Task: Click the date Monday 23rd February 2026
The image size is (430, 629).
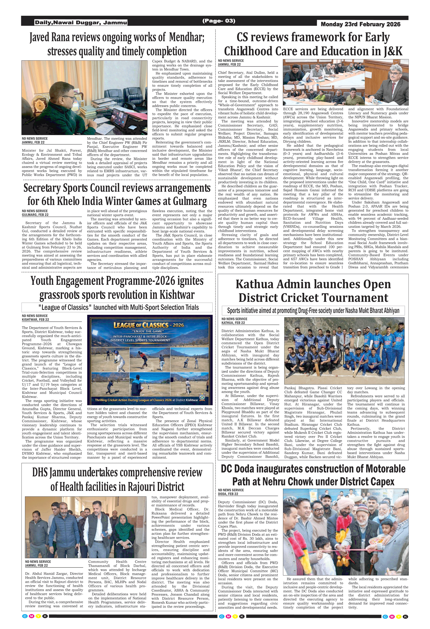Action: pos(360,24)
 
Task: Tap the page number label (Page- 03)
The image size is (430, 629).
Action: pos(219,21)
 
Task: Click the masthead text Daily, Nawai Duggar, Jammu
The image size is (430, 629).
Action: pos(81,22)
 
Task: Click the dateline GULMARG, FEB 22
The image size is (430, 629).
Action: pos(35,215)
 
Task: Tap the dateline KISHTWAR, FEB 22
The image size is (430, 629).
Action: pos(36,319)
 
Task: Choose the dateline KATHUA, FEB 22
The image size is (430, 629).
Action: pos(233,323)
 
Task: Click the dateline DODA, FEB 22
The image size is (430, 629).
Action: pos(228,494)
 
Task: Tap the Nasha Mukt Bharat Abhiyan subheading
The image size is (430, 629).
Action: pos(313,310)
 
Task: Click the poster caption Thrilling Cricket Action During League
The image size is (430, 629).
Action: pos(146,400)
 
